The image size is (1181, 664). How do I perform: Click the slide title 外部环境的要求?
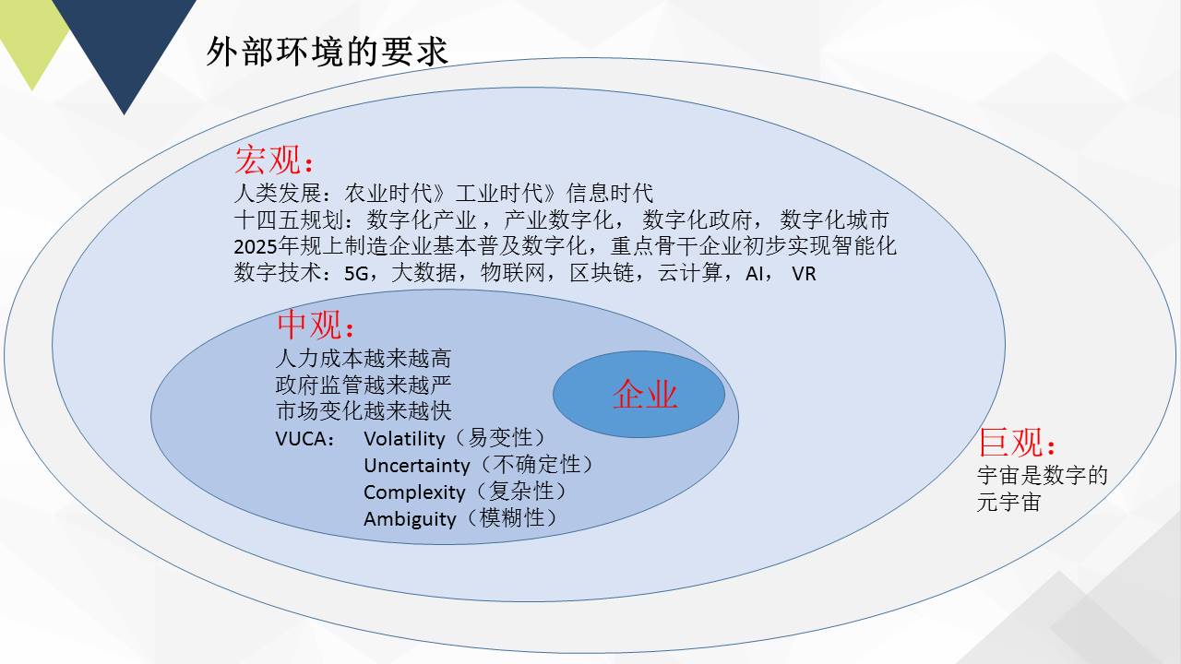[327, 52]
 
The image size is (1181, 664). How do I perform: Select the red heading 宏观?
[268, 160]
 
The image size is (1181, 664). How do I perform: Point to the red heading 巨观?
[1010, 442]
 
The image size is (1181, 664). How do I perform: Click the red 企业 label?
[645, 394]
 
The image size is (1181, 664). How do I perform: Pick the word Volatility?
[404, 438]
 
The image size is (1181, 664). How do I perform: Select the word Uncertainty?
[416, 466]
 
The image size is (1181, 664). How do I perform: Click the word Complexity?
[414, 492]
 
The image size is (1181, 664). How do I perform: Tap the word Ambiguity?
[410, 519]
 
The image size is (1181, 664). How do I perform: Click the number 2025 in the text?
[256, 246]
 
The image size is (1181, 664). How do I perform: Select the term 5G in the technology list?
[356, 274]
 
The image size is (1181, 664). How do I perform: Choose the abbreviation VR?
[804, 274]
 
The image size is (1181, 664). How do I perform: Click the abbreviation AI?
[754, 274]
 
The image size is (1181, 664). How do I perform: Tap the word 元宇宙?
[1008, 502]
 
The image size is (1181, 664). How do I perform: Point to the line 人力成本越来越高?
[364, 359]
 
